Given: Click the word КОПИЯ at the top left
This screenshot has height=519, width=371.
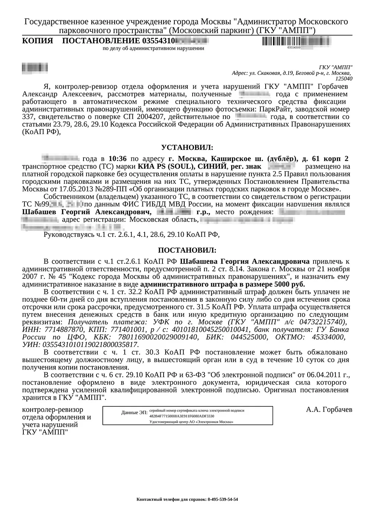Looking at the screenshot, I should tap(37, 41).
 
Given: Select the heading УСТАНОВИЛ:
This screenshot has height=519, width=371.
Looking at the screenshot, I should tap(187, 148).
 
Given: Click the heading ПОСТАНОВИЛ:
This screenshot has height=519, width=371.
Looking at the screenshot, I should tap(187, 251).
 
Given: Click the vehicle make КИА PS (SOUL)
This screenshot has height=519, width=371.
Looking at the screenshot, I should tap(166, 166).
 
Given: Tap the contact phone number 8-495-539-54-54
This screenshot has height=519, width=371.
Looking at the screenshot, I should tap(223, 499).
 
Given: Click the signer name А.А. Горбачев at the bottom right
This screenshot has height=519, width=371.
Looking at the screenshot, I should tap(329, 410).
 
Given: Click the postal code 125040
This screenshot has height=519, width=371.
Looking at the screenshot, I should tap(344, 79).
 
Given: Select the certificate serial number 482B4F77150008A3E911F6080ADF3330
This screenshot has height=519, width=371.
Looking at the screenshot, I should tap(181, 416).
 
